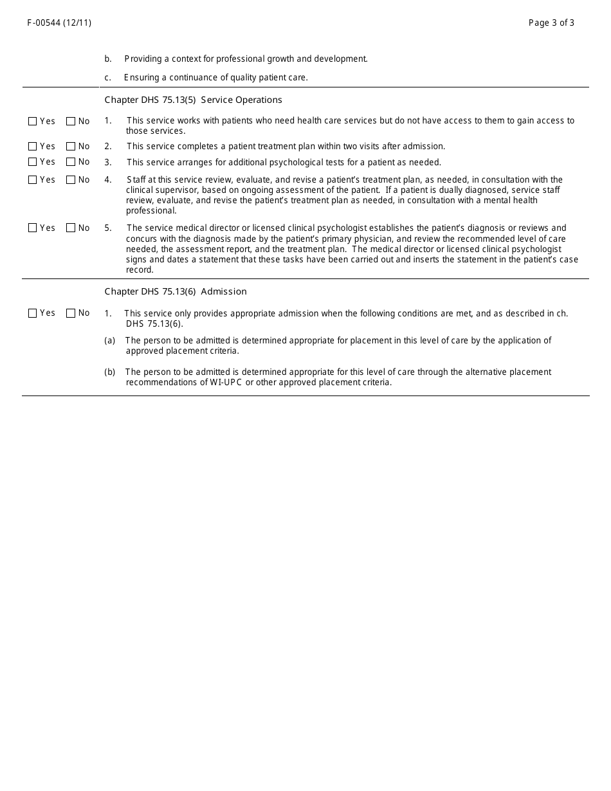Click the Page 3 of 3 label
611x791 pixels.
(x=551, y=23)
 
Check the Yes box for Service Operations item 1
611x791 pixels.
(x=33, y=122)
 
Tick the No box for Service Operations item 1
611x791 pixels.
(x=71, y=122)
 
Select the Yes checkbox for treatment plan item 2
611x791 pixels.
(x=33, y=147)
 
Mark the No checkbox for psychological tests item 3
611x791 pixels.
(x=71, y=162)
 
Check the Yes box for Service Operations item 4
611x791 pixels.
(x=33, y=180)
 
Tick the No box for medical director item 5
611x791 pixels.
(x=71, y=228)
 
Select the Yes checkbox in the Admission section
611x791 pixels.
(x=33, y=313)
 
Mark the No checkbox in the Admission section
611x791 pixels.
(x=71, y=313)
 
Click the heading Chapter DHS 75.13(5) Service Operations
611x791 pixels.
(x=193, y=100)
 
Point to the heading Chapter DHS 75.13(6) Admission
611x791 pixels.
(x=176, y=292)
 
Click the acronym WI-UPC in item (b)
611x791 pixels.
(x=226, y=383)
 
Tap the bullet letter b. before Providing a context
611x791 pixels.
(x=108, y=59)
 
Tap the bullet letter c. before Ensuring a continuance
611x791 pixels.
(x=108, y=78)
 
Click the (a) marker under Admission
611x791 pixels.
(x=109, y=341)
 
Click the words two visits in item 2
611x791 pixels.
(x=361, y=147)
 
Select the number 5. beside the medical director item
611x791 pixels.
(x=108, y=228)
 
